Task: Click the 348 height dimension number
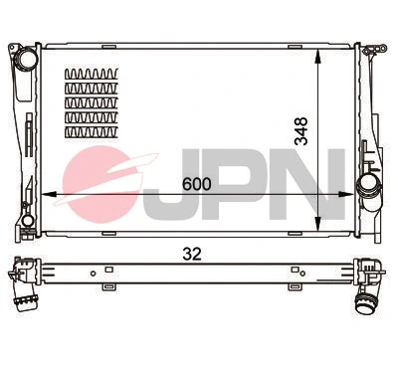point(303,131)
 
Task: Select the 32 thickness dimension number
point(193,253)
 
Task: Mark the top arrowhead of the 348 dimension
point(317,49)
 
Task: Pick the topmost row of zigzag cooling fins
point(91,74)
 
